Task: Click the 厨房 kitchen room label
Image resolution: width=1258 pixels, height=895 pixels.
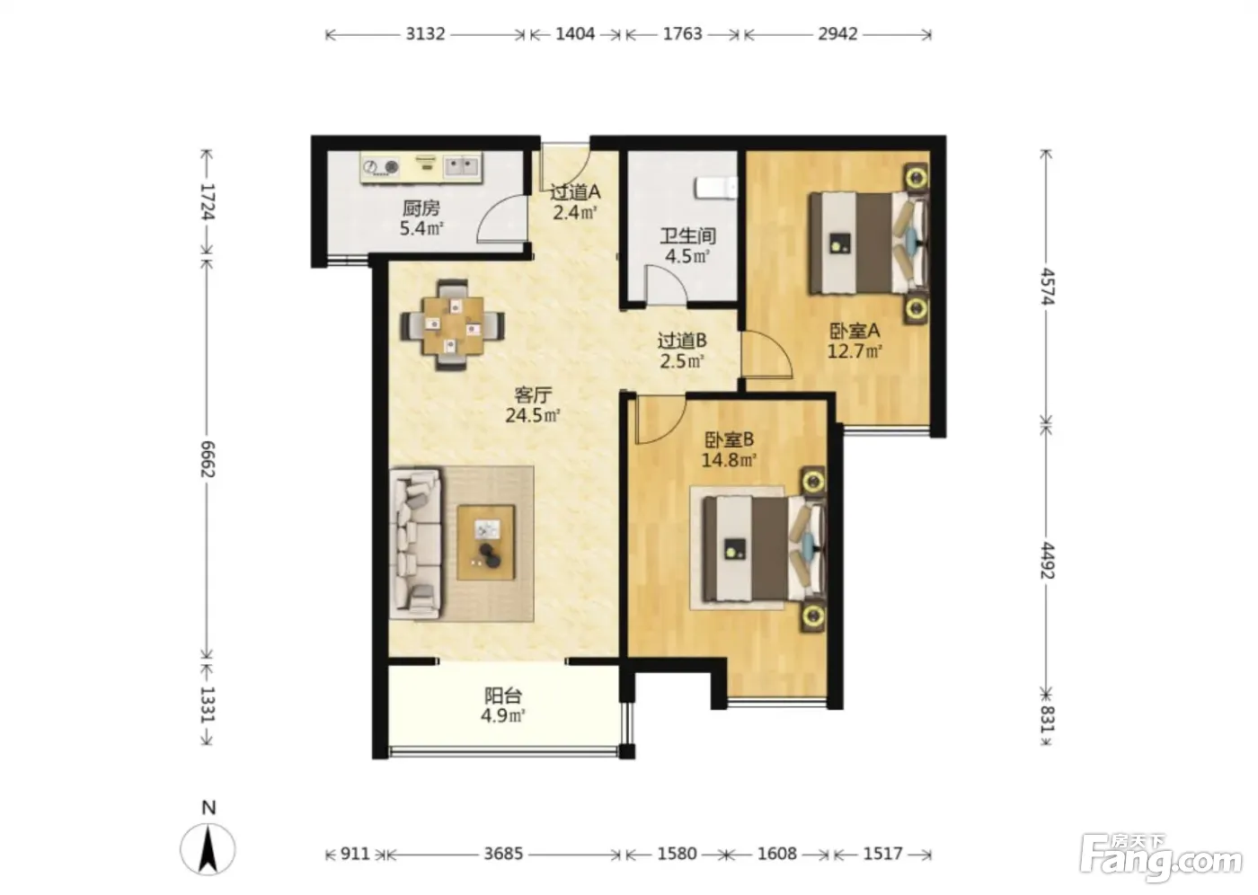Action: (421, 208)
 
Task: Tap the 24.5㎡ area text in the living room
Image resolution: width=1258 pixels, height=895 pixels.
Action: (532, 415)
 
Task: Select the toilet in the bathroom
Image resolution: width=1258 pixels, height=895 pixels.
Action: (715, 188)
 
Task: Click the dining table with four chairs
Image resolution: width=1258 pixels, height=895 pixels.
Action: (452, 325)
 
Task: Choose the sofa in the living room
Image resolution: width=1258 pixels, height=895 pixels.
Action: (415, 545)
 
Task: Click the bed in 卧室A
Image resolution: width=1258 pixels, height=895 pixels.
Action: (868, 244)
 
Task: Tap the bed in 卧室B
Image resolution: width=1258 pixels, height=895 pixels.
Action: (764, 548)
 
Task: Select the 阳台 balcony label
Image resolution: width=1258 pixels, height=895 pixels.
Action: (503, 696)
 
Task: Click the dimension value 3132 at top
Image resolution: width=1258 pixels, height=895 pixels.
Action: (425, 33)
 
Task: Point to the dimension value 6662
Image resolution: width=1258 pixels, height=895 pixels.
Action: (208, 458)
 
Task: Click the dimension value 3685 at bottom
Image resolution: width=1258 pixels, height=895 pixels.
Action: (503, 854)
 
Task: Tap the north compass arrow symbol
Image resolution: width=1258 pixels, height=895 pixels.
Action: (208, 849)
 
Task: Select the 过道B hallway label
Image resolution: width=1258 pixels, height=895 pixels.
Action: (682, 341)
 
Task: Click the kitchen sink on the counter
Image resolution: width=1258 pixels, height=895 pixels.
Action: (462, 166)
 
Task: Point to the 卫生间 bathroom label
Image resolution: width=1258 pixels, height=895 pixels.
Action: (687, 235)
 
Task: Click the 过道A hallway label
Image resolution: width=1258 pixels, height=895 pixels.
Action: (575, 192)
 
